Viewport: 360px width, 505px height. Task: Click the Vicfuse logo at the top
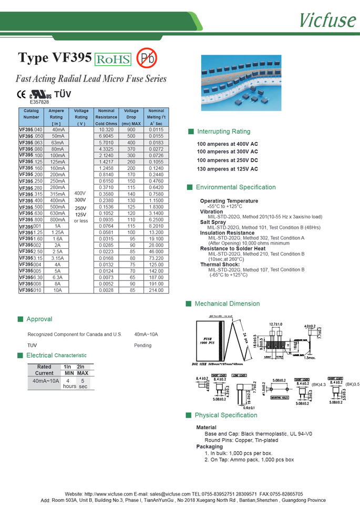click(x=327, y=19)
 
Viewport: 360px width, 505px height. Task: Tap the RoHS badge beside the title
click(x=113, y=59)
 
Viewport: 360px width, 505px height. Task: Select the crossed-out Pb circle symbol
click(x=147, y=58)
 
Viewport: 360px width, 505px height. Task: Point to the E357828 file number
click(x=39, y=102)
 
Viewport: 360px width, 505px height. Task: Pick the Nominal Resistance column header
click(x=106, y=117)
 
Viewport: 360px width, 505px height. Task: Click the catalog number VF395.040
click(x=31, y=129)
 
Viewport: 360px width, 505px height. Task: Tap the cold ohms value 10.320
click(x=106, y=129)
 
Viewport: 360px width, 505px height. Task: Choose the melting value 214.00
click(x=156, y=290)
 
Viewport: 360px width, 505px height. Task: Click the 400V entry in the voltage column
click(x=81, y=193)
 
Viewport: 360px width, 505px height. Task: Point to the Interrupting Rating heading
click(x=223, y=132)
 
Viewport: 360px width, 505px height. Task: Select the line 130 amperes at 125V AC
click(x=227, y=169)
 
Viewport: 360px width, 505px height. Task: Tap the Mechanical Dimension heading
click(x=227, y=304)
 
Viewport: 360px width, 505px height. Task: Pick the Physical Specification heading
click(x=225, y=415)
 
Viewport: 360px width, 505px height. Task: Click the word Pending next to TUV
click(x=142, y=346)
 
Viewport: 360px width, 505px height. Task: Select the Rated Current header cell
click(x=45, y=370)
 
